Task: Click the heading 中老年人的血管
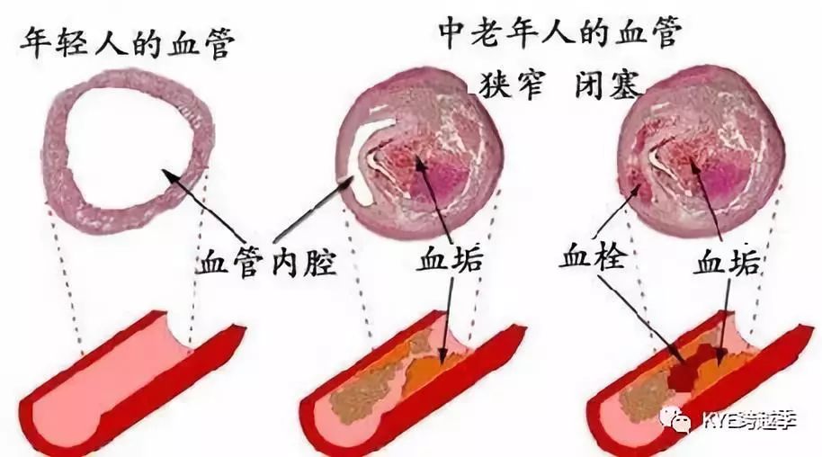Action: point(558,33)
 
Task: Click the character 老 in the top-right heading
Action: point(496,33)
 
